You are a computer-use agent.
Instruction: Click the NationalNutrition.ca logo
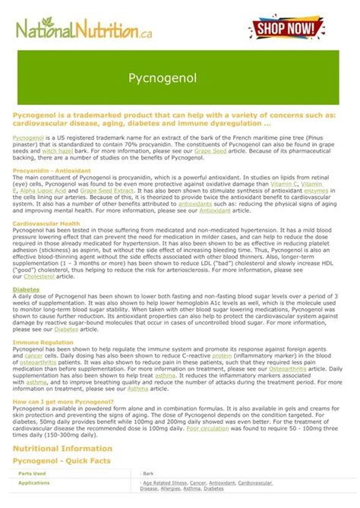point(82,30)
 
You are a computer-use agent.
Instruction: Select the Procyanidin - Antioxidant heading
point(52,172)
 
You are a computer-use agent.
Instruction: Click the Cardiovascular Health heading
point(46,224)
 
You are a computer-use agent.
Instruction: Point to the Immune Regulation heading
point(42,342)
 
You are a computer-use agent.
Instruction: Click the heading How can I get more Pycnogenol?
point(63,401)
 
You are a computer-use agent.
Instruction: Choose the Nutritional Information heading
point(63,448)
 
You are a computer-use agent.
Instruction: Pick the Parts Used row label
point(31,473)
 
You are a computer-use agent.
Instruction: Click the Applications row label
point(33,482)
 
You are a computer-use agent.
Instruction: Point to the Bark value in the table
point(149,473)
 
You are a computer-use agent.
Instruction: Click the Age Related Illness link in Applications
point(164,482)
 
